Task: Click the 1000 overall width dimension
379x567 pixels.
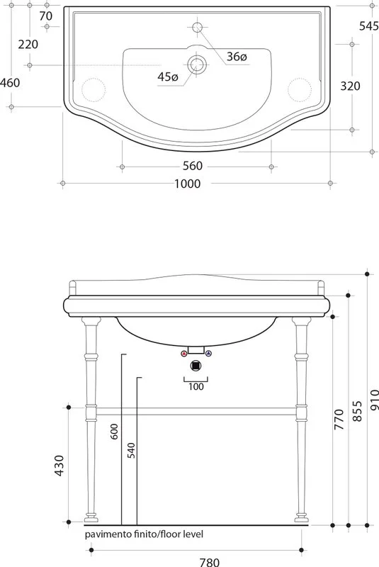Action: (x=188, y=184)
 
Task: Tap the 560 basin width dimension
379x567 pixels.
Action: (x=193, y=166)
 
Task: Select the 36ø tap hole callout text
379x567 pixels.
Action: (x=237, y=57)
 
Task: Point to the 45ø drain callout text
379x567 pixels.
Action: (x=168, y=77)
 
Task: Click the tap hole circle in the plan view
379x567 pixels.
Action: (x=197, y=27)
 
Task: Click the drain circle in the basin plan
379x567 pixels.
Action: (x=197, y=65)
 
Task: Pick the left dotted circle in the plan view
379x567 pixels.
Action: (x=94, y=90)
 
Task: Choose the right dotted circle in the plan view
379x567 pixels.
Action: (x=300, y=90)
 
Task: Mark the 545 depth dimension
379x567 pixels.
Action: (x=369, y=26)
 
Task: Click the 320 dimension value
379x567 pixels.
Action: (x=351, y=86)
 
